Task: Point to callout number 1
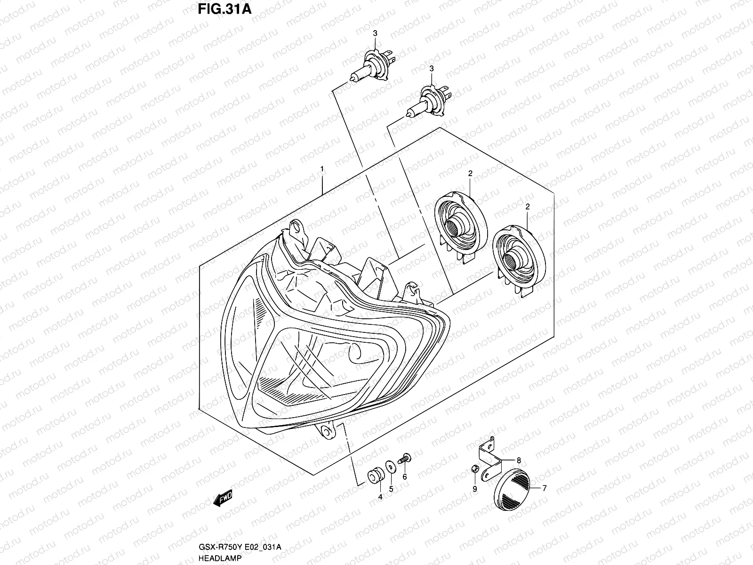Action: point(321,168)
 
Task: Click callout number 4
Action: point(380,497)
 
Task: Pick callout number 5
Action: point(391,489)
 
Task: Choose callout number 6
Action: point(405,477)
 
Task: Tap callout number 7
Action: point(545,488)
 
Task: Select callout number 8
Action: point(519,460)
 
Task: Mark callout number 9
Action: point(474,490)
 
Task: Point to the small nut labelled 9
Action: point(475,468)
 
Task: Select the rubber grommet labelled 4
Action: point(375,475)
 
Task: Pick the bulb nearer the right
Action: point(429,100)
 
